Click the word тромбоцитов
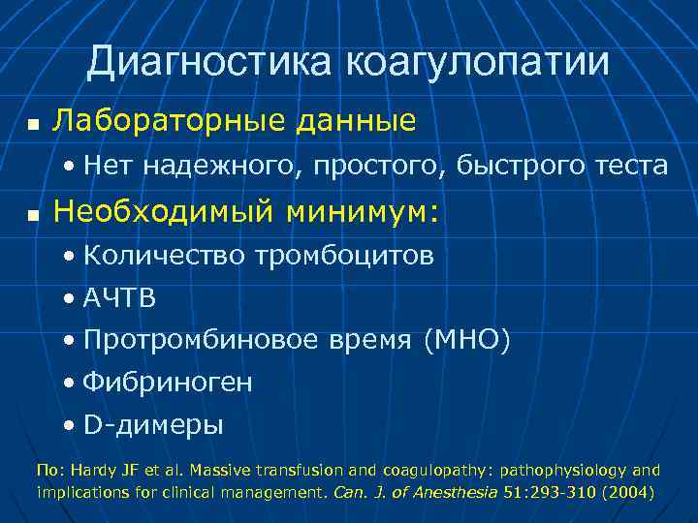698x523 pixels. (x=344, y=257)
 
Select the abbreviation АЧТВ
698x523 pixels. (x=119, y=298)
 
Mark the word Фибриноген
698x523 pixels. (x=168, y=383)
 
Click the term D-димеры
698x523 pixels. (x=153, y=424)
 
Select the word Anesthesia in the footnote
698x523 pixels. (x=458, y=492)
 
